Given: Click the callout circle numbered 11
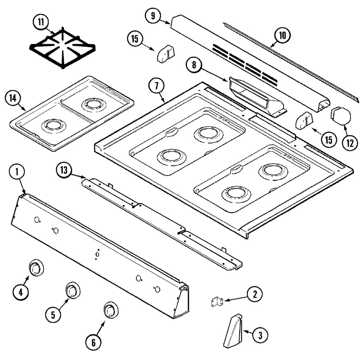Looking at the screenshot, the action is click(x=41, y=22).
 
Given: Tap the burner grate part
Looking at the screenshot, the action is click(x=62, y=48).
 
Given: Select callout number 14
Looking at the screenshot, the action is click(x=13, y=98).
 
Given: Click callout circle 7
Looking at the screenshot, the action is click(x=156, y=86).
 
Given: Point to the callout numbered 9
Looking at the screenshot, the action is click(x=153, y=16).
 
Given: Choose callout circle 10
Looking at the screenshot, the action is click(x=282, y=36).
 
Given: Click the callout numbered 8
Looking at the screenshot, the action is click(x=194, y=65).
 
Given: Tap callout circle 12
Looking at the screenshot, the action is click(x=350, y=143).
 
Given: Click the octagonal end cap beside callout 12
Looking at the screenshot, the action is click(x=341, y=116).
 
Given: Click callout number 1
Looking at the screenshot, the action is click(x=17, y=171).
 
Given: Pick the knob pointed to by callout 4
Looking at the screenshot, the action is click(x=36, y=268).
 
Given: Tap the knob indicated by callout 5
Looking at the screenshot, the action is click(x=73, y=290).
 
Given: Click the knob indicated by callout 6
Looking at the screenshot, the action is click(x=111, y=310).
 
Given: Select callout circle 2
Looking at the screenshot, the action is click(x=255, y=295).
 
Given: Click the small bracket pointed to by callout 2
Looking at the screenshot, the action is click(x=217, y=302).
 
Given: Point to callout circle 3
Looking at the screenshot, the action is click(x=260, y=335).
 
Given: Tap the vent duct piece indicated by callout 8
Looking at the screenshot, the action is click(x=257, y=97).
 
